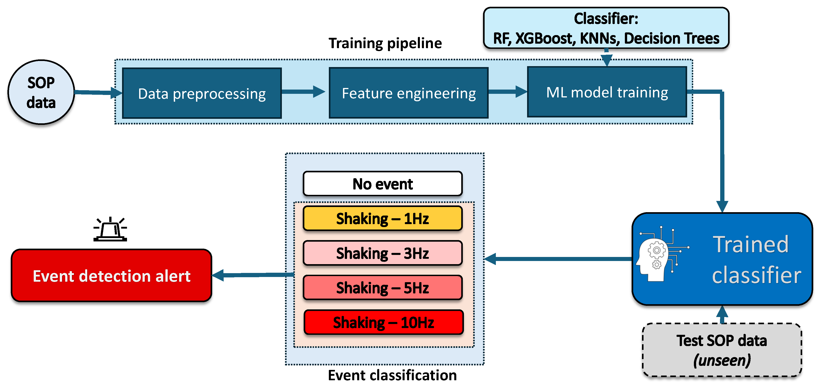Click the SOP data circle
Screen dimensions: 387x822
[x=41, y=92]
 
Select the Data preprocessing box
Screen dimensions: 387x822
[x=202, y=93]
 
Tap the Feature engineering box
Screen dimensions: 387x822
[x=408, y=93]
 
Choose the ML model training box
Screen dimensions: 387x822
[x=607, y=92]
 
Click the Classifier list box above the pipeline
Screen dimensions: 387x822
[x=606, y=28]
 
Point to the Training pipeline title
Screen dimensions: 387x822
[x=385, y=43]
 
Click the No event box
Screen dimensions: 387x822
[x=383, y=184]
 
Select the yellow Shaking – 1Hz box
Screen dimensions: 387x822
[x=383, y=218]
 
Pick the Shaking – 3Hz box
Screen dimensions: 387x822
[x=383, y=253]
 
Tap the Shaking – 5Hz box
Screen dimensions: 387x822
[x=383, y=287]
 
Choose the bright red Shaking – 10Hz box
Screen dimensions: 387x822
[x=383, y=322]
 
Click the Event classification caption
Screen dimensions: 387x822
[x=392, y=375]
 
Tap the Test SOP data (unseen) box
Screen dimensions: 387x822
[x=722, y=350]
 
